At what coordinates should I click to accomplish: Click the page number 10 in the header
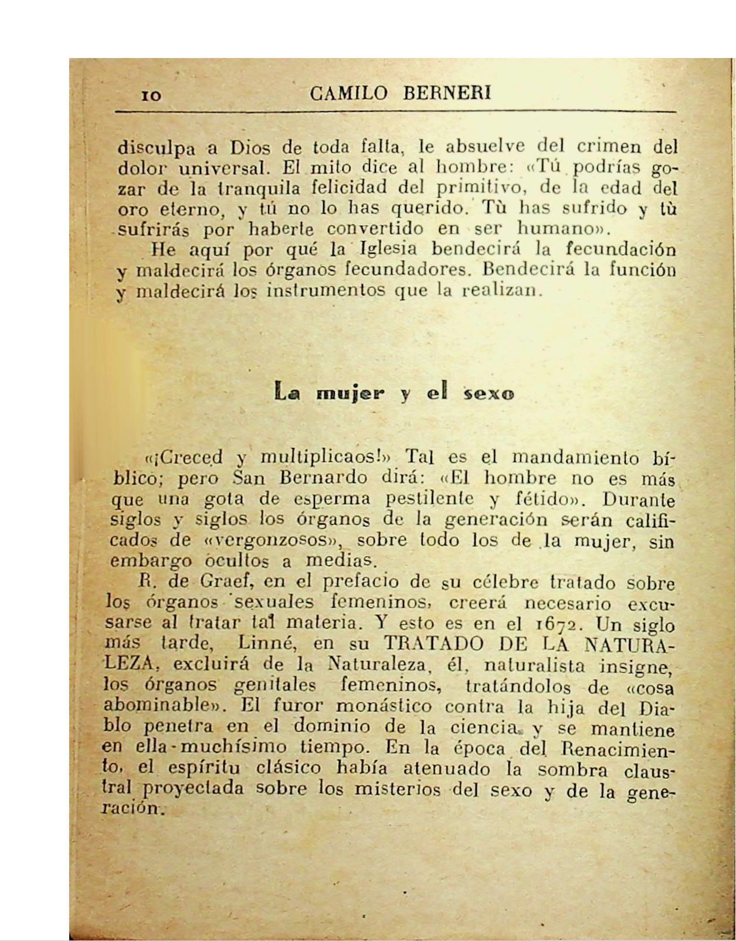click(151, 95)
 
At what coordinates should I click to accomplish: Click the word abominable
click(154, 706)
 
